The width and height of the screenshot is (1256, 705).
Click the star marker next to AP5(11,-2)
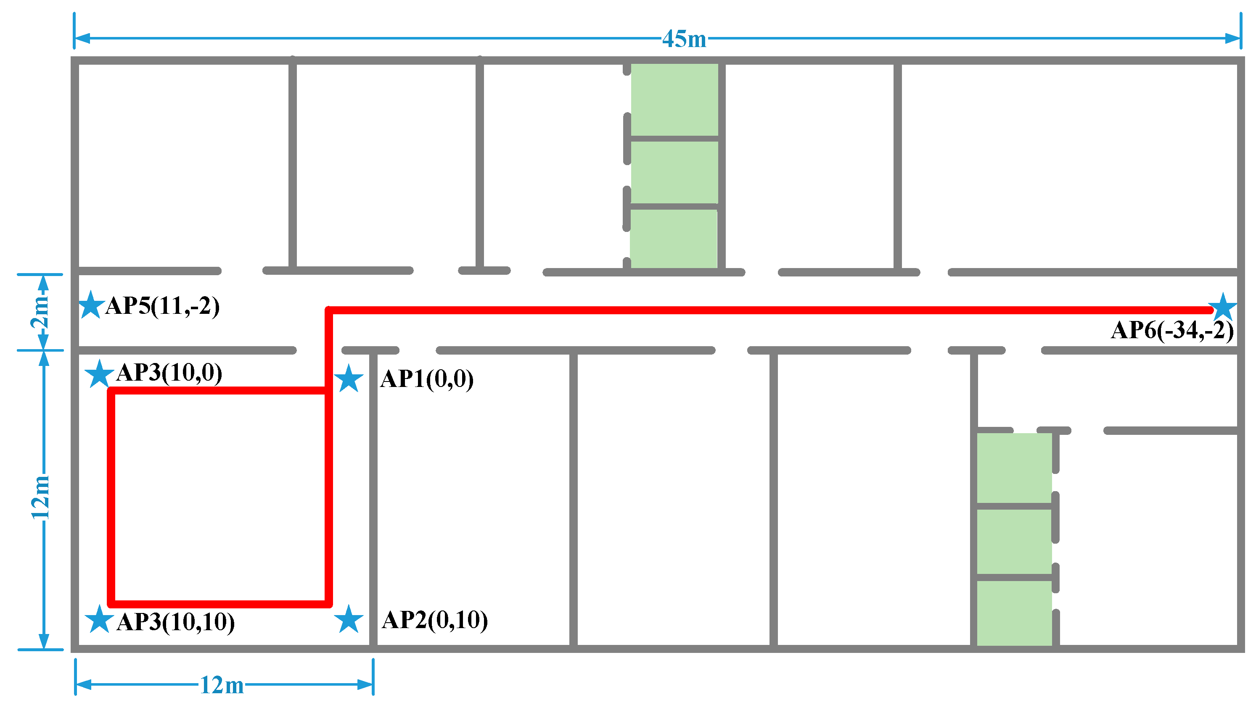point(91,305)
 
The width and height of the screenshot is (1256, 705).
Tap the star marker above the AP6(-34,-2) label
point(1223,307)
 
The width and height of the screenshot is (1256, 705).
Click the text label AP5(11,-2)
point(163,306)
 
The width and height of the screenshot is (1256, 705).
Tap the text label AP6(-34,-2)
point(1172,331)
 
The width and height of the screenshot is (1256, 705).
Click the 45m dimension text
point(684,39)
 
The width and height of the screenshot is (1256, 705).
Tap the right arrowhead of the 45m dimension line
point(1232,38)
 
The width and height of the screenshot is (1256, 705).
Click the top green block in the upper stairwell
point(674,100)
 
